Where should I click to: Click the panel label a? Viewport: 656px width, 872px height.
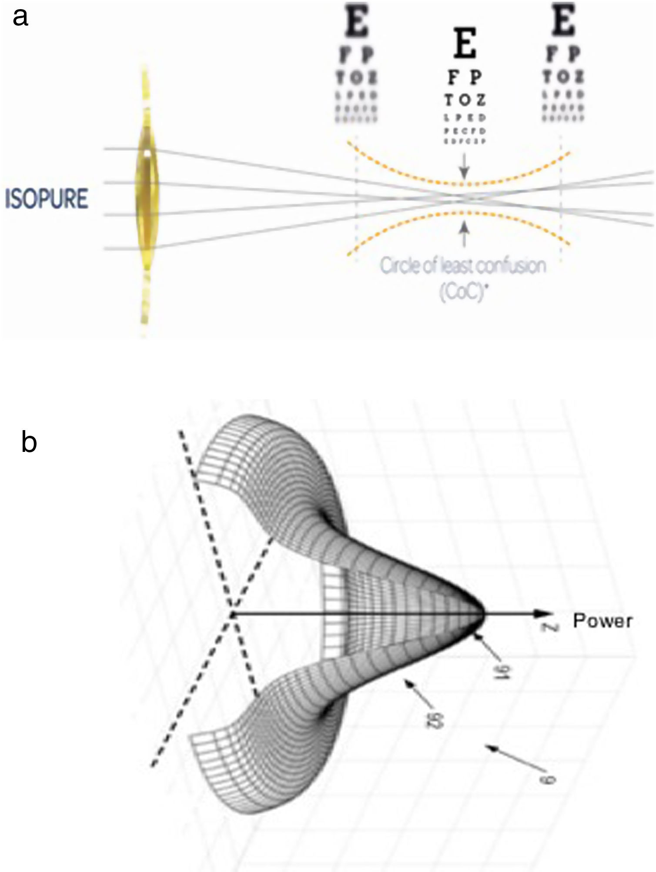(20, 18)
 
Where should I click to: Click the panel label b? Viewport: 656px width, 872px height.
(29, 442)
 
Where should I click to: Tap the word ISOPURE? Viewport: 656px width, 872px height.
(47, 198)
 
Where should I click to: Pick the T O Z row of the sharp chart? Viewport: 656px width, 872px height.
(465, 100)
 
